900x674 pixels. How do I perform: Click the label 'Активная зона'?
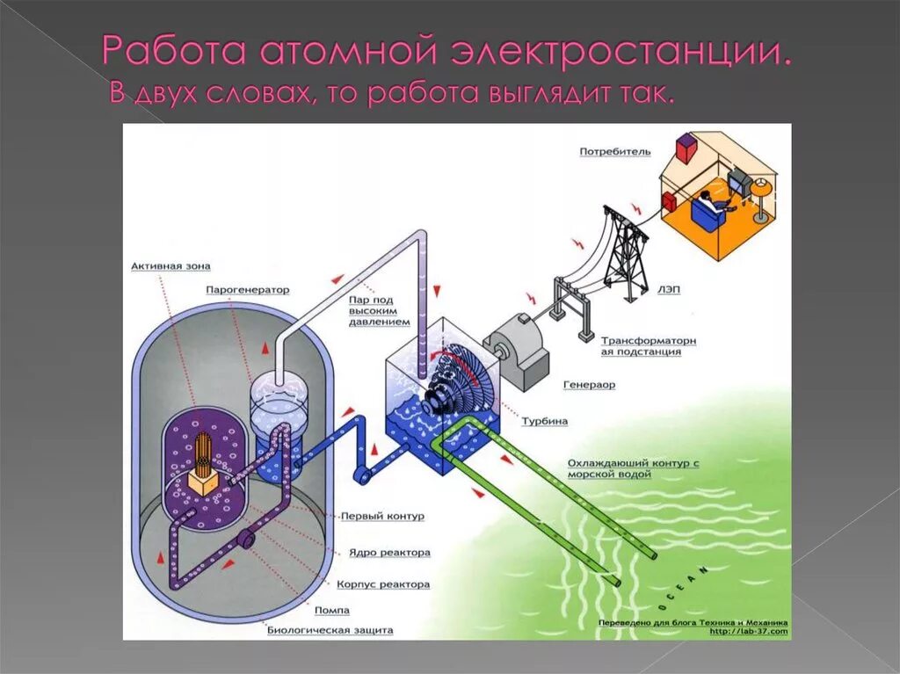coord(171,265)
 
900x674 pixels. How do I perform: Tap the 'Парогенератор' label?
coord(248,289)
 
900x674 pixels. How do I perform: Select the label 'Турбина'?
coord(545,421)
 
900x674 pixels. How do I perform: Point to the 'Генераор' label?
coord(589,384)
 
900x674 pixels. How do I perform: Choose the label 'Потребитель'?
coord(615,152)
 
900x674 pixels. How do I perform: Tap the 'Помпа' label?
coord(332,609)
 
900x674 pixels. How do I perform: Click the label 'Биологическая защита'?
coord(330,630)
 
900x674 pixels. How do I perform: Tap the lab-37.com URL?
coord(748,631)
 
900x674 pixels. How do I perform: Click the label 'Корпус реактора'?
coord(383,584)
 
